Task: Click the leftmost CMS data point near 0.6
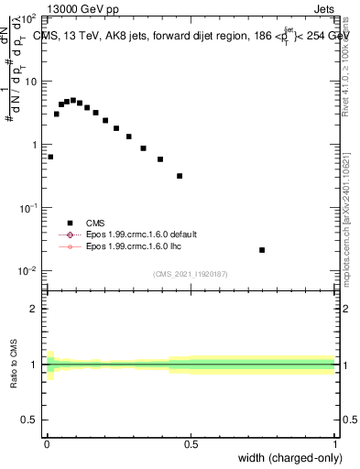click(50, 157)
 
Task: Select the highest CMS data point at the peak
click(73, 100)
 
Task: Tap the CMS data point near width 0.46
click(180, 176)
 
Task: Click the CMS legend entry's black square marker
click(69, 223)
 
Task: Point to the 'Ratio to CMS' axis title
click(14, 365)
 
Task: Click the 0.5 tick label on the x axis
click(191, 443)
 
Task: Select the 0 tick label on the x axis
click(47, 443)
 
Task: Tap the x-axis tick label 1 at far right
click(335, 443)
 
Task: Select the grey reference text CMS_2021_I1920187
click(191, 273)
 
